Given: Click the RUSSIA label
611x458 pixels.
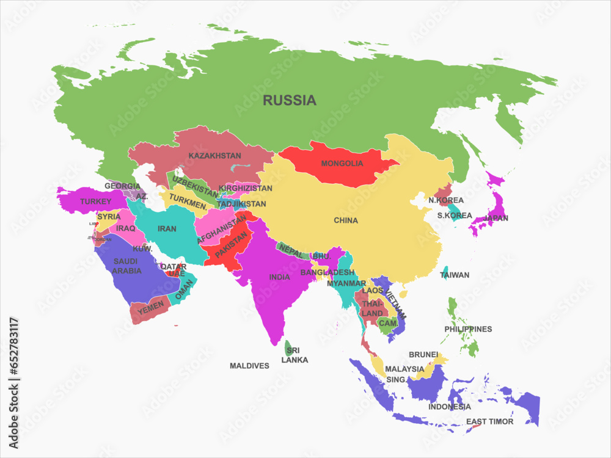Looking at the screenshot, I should pos(290,101).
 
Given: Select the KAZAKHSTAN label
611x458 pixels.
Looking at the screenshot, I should pos(214,156).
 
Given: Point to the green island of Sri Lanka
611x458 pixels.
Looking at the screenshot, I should pos(288,348).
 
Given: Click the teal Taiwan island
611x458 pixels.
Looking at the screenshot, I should pos(445,274).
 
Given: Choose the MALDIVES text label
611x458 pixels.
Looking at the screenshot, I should pos(249,366).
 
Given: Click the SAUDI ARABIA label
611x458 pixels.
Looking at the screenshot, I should pos(127,266).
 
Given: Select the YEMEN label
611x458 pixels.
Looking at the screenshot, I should pos(150,310).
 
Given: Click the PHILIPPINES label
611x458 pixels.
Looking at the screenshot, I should pos(468,329).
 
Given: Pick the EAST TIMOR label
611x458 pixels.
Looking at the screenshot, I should pos(489,421).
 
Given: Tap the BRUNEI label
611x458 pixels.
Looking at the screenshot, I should pos(423,355).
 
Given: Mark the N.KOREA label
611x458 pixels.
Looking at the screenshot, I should pos(446,200).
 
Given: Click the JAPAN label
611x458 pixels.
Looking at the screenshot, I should pos(496,218).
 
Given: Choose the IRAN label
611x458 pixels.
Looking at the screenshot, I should pos(167,229).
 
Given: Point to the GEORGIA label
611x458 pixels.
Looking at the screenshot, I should pos(122,186).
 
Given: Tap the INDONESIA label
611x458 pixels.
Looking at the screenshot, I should pos(449,407).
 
